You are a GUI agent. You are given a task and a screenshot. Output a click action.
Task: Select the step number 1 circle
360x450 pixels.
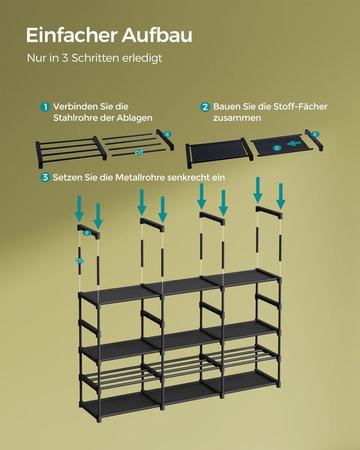point(46,107)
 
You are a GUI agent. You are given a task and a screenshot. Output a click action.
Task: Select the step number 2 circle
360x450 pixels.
point(205,107)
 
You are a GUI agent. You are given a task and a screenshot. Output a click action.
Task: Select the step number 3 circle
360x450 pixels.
point(46,178)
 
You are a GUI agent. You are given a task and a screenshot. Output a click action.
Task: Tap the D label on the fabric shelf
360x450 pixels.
point(277,148)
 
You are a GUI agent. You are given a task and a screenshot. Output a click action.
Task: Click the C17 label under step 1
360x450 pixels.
point(139,153)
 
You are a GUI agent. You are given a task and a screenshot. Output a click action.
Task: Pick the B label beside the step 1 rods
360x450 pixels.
point(167,134)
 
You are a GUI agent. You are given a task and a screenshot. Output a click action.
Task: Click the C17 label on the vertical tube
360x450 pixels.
point(79,260)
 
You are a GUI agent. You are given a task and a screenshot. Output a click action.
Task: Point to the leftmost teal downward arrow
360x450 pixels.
point(79,206)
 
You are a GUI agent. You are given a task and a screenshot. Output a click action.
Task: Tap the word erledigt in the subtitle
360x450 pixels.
point(143,58)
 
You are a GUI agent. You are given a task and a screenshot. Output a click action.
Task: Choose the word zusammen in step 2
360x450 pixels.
point(237,118)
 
